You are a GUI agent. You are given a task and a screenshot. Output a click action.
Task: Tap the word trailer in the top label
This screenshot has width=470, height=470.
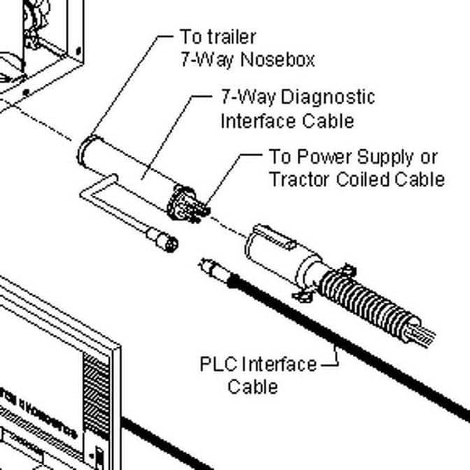[x=228, y=36]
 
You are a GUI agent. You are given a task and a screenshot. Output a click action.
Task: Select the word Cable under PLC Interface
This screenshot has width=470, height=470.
[x=253, y=386]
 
